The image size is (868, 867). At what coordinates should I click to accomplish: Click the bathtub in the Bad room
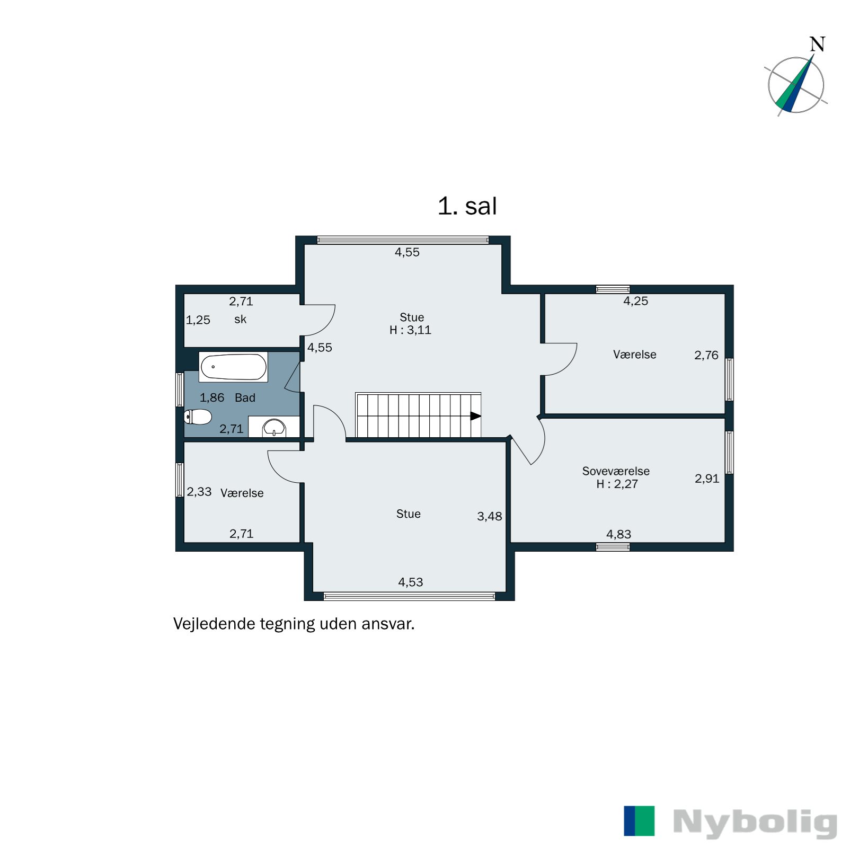[x=233, y=367]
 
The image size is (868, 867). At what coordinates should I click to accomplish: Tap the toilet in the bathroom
[x=198, y=417]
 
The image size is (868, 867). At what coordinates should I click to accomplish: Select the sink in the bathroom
[x=274, y=427]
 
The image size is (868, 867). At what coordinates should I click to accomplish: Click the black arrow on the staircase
[x=475, y=416]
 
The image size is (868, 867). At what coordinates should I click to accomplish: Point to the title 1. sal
[x=467, y=206]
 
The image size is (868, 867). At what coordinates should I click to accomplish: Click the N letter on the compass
[x=817, y=45]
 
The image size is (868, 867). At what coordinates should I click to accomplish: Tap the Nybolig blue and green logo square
[x=639, y=820]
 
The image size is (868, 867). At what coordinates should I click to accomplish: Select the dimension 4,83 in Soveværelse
[x=618, y=534]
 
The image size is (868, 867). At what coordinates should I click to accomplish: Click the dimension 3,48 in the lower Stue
[x=489, y=516]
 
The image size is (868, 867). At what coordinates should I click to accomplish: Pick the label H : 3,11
[x=410, y=330]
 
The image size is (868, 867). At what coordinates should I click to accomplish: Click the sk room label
[x=240, y=319]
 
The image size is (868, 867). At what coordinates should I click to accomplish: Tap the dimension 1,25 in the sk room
[x=198, y=320]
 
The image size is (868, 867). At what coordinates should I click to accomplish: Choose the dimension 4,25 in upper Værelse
[x=635, y=301]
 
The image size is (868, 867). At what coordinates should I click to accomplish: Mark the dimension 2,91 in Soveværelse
[x=706, y=479]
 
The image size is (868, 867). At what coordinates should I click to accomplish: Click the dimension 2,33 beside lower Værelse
[x=199, y=492]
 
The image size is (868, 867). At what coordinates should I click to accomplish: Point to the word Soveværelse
[x=615, y=471]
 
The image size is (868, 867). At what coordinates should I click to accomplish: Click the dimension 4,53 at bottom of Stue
[x=410, y=582]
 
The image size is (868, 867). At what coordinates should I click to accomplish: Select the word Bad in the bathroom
[x=245, y=397]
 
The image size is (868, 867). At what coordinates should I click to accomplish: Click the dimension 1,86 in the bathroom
[x=211, y=397]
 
